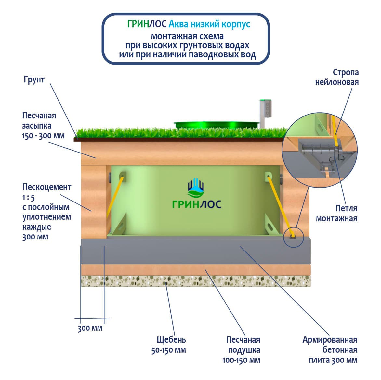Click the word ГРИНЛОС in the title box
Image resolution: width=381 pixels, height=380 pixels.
pos(147,24)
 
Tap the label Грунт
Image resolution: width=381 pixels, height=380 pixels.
pos(34,80)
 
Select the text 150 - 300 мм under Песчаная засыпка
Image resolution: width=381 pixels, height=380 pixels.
pos(43,136)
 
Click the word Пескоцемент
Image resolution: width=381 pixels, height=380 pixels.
pos(47,187)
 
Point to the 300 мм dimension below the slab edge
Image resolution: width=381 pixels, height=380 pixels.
pos(90,328)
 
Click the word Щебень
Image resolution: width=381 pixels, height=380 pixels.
pos(171,340)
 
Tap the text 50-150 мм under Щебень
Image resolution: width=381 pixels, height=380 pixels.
pos(168,350)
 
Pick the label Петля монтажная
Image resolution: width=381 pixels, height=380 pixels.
pos(336,213)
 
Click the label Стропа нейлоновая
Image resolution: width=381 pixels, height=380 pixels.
pos(337,77)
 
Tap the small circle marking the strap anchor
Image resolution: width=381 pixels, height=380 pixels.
pos(293,237)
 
